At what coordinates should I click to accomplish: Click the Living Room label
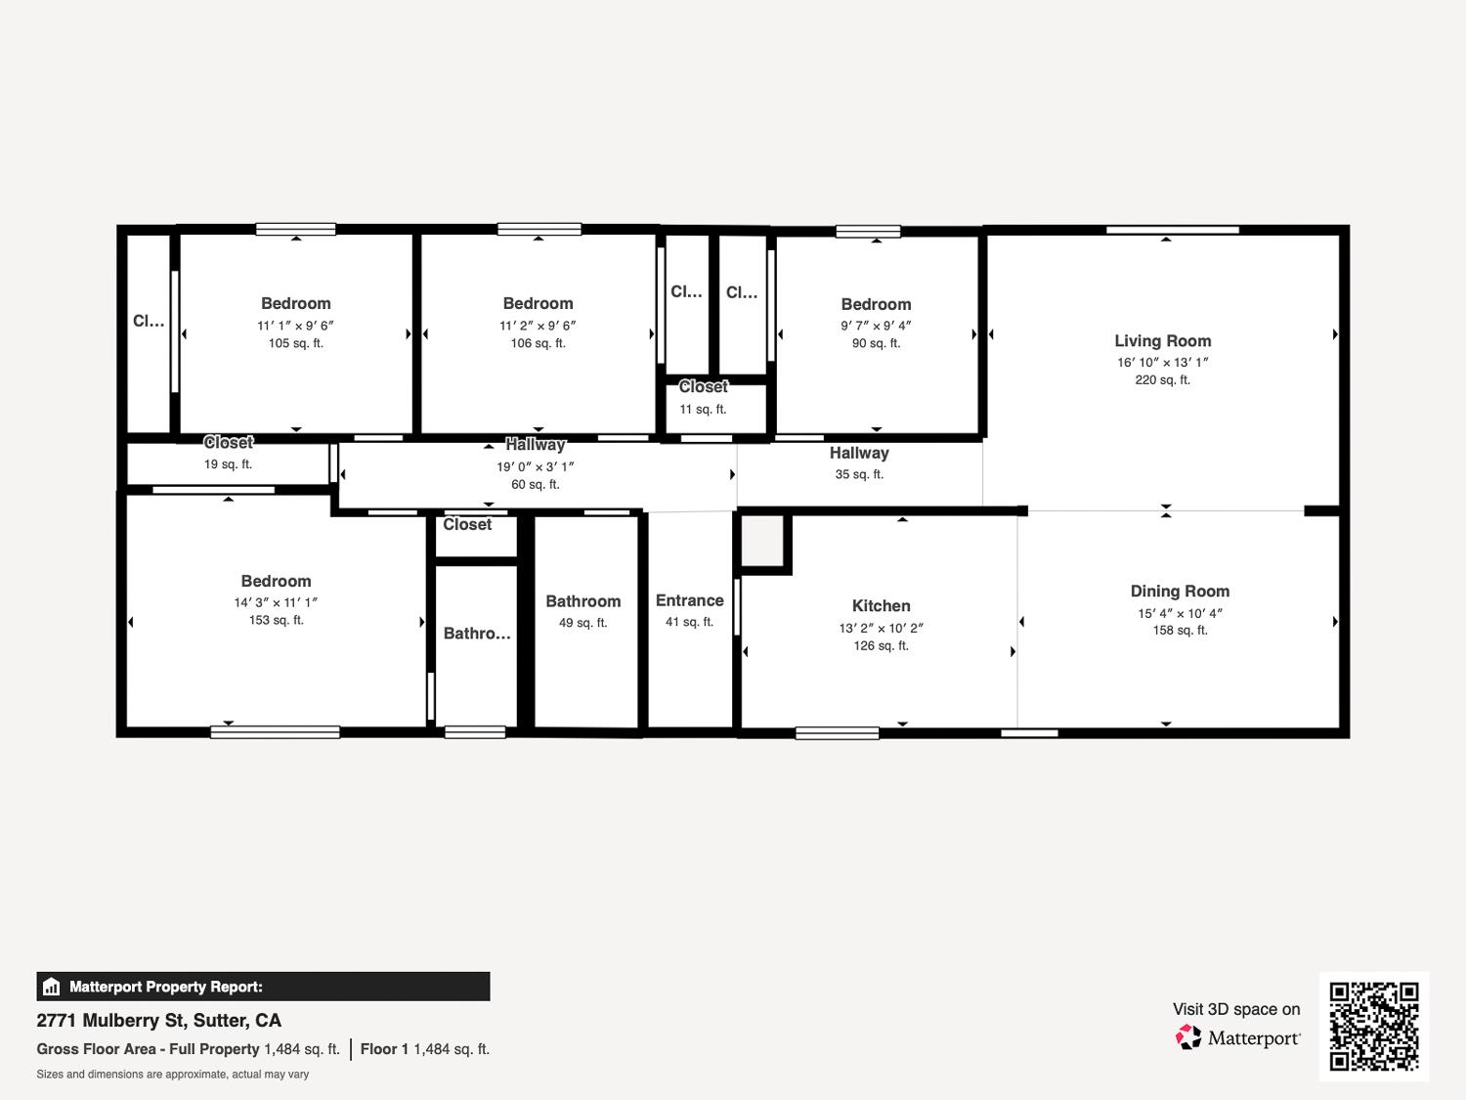(x=1162, y=340)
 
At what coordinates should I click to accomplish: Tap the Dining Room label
(x=1180, y=592)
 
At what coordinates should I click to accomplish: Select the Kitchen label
(x=881, y=606)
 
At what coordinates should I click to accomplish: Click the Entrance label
(x=689, y=600)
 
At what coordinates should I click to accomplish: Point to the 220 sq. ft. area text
(x=1162, y=380)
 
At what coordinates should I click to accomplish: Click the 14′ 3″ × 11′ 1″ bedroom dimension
(x=276, y=602)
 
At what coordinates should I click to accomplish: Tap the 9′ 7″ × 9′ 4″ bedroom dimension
(x=876, y=326)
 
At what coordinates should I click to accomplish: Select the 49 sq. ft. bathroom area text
(x=583, y=623)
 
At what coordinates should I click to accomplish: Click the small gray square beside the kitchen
(x=762, y=541)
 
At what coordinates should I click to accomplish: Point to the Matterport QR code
(x=1374, y=1026)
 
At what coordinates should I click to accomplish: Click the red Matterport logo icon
(x=1187, y=1037)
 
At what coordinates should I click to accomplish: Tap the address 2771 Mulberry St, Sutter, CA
(x=159, y=1021)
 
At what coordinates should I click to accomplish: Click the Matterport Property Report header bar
(x=263, y=987)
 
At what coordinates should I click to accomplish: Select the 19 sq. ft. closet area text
(x=228, y=464)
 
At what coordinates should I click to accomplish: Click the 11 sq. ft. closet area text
(x=703, y=410)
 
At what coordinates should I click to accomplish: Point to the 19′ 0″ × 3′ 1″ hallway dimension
(x=535, y=466)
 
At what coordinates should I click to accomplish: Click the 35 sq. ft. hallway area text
(x=859, y=474)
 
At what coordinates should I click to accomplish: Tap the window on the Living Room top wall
(x=1172, y=230)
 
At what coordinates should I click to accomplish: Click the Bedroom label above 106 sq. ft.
(x=538, y=303)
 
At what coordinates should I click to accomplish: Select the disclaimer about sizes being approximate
(x=172, y=1075)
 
